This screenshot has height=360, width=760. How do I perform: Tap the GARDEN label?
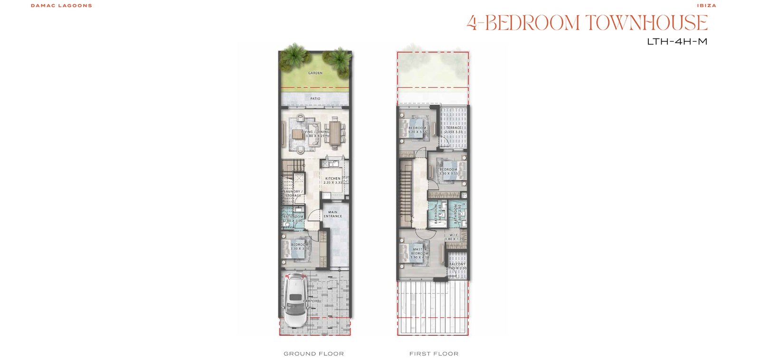point(315,73)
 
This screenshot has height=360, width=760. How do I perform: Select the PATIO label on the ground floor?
point(315,99)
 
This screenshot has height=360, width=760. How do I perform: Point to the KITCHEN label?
point(332,179)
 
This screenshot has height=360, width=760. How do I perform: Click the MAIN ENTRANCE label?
point(332,214)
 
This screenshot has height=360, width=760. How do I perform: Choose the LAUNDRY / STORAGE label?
point(293,194)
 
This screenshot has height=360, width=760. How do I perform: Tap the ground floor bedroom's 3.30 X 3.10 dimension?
point(300,249)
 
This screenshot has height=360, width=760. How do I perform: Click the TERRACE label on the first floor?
point(454,128)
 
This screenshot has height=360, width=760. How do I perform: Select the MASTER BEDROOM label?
point(420,251)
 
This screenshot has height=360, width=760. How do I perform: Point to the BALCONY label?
point(457,264)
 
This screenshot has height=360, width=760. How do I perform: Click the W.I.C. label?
point(454,235)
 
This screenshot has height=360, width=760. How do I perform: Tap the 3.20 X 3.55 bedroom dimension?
point(418,132)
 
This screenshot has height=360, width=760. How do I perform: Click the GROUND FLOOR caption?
point(313,354)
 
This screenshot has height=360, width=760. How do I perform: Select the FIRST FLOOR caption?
point(434,354)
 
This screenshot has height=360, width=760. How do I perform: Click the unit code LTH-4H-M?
point(677,42)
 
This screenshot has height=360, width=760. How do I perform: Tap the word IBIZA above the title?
point(707,6)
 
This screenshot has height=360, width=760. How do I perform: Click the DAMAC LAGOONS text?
point(61,6)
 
